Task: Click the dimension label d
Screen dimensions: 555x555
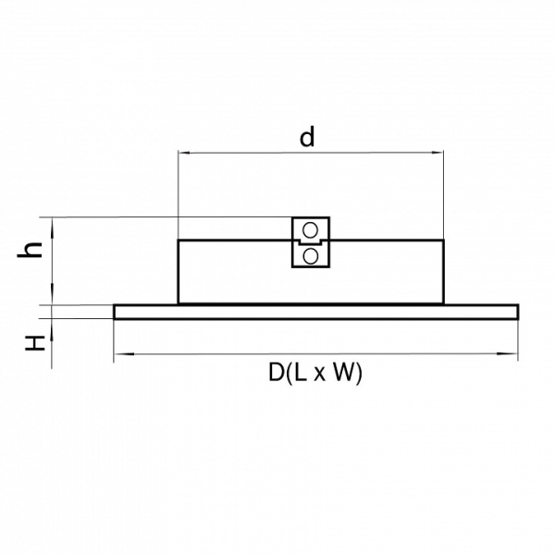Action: (x=307, y=137)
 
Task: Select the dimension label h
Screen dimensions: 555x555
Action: (x=30, y=251)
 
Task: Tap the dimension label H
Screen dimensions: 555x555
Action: (x=35, y=343)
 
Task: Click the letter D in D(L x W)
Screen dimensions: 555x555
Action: (x=276, y=373)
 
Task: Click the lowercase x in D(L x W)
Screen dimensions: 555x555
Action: (x=320, y=375)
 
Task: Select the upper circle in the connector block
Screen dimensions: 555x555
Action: (x=311, y=230)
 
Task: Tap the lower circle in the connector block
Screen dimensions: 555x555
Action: (x=311, y=256)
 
